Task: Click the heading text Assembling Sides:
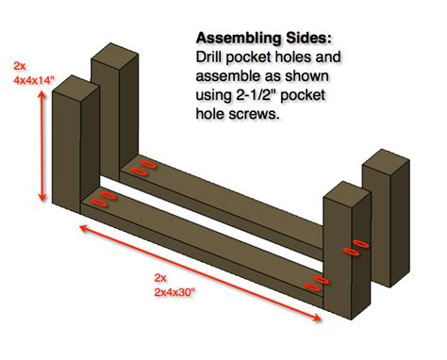click(x=264, y=39)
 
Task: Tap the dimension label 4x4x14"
click(x=34, y=80)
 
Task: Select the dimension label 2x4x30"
click(x=174, y=292)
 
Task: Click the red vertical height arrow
click(x=41, y=146)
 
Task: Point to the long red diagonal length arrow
click(x=200, y=273)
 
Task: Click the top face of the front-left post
click(x=75, y=85)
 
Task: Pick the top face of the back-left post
click(x=115, y=53)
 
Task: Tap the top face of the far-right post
click(x=386, y=159)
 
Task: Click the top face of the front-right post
click(x=347, y=191)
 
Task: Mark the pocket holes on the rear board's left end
click(x=143, y=168)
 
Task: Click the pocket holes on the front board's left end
click(x=104, y=199)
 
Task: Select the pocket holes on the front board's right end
click(x=317, y=283)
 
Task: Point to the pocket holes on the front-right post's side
click(x=356, y=248)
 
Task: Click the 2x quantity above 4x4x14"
click(x=20, y=66)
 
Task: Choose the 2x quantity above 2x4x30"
click(x=160, y=278)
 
